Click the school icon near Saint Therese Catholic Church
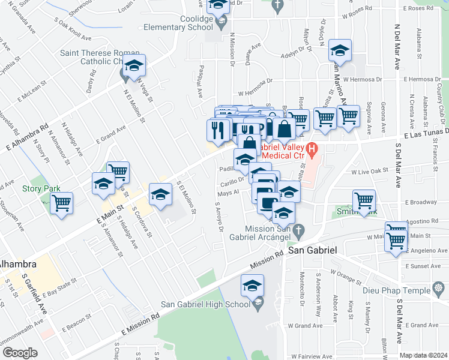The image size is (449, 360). [134, 65]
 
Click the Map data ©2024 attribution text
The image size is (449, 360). [424, 355]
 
